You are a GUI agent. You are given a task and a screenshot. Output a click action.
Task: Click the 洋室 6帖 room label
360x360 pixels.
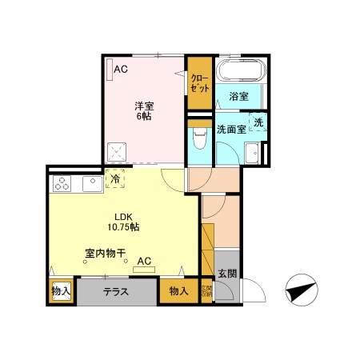[x=143, y=110]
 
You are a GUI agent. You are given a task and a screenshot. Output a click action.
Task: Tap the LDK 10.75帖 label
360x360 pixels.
[x=124, y=222]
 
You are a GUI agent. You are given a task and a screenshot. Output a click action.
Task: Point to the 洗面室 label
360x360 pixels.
[x=230, y=128]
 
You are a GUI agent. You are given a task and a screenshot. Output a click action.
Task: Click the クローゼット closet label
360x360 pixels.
[x=198, y=83]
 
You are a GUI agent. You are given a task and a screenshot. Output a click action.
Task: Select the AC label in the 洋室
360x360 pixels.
[x=120, y=70]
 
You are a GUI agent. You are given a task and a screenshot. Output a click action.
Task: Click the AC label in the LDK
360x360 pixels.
[x=144, y=261]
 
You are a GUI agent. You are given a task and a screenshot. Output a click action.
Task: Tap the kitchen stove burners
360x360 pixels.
[x=62, y=186]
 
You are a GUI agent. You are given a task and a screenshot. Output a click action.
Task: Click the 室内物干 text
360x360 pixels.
[x=106, y=254]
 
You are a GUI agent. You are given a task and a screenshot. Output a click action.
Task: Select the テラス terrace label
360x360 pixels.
[x=117, y=291]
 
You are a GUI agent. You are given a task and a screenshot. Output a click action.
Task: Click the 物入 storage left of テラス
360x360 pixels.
[x=61, y=291]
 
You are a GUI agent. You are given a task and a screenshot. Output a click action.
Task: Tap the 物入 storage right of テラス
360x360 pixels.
[x=178, y=291]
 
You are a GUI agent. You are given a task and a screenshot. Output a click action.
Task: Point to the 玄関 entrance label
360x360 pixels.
[x=226, y=274]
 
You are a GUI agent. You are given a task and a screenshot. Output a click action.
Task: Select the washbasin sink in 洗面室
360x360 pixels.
[x=255, y=152]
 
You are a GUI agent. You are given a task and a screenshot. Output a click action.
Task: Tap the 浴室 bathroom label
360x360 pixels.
[x=238, y=96]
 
